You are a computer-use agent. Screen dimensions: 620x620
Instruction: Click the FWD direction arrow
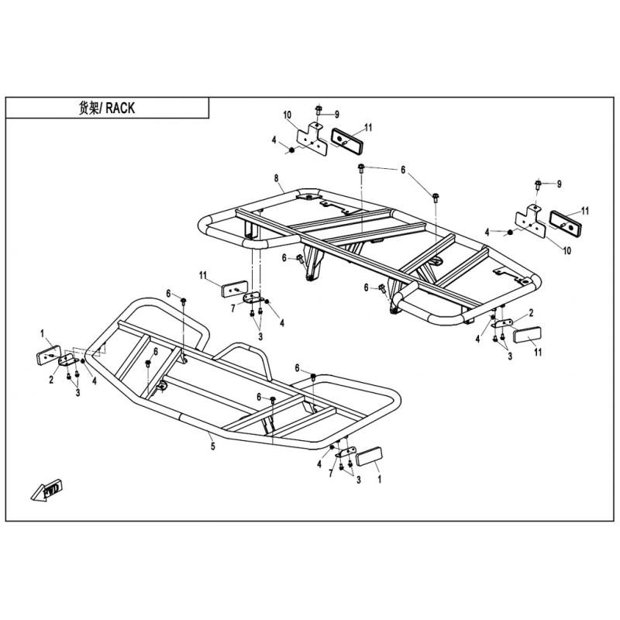47,491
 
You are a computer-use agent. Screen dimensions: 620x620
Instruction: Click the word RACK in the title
120,108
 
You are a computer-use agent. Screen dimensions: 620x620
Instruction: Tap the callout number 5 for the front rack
212,447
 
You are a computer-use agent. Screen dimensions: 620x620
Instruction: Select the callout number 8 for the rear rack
277,179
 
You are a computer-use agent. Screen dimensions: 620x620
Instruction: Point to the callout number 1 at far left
42,334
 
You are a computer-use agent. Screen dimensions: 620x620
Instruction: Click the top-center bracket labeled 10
312,139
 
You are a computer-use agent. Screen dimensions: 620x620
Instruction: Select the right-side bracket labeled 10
530,222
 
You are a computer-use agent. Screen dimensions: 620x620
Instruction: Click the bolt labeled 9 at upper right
538,184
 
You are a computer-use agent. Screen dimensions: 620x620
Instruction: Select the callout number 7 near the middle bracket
233,308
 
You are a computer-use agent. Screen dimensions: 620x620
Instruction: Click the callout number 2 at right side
531,313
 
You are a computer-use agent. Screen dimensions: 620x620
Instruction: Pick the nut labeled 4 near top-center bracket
292,150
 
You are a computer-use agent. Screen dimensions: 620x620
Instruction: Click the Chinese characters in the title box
88,108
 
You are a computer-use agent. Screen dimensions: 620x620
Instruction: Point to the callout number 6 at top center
403,170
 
